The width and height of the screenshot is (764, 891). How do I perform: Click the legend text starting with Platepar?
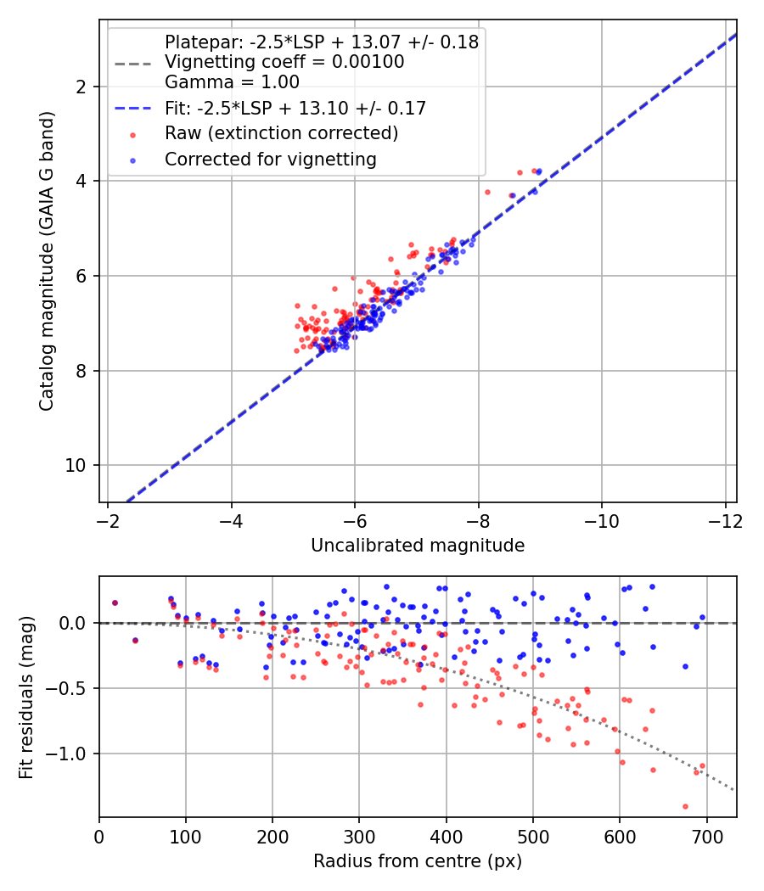pos(321,42)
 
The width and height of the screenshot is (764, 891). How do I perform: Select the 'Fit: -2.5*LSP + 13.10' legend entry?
pos(295,108)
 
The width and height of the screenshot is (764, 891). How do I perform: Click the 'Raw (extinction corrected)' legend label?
pos(281,133)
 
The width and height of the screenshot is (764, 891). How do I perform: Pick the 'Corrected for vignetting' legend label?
pos(270,159)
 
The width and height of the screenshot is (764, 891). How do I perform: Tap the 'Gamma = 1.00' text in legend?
pos(232,82)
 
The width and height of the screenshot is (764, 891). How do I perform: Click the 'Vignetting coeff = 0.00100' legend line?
pos(284,62)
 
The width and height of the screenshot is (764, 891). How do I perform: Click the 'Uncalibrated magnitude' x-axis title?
pos(418,545)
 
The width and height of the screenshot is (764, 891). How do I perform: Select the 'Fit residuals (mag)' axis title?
pos(26,697)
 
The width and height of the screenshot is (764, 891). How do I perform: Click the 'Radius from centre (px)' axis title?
pos(418,861)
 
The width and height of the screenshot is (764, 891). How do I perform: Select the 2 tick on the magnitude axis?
pos(83,87)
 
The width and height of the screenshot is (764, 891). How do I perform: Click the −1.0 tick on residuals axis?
pos(72,754)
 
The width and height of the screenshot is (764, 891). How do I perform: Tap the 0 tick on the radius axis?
pos(99,835)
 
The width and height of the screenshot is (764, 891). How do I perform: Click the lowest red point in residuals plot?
pos(685,806)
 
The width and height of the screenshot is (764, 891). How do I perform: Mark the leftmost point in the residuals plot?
pos(115,602)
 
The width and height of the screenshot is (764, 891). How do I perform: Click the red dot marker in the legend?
pos(132,133)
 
